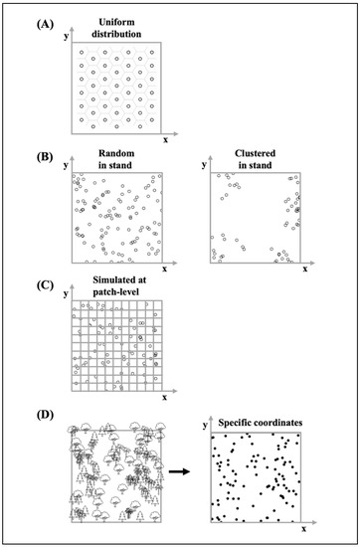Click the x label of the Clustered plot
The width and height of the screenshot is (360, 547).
coord(304,270)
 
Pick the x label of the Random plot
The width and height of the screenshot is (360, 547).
coord(165,270)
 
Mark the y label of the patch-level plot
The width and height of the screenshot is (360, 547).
coord(64,294)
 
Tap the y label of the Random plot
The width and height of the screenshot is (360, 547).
coord(64,162)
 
